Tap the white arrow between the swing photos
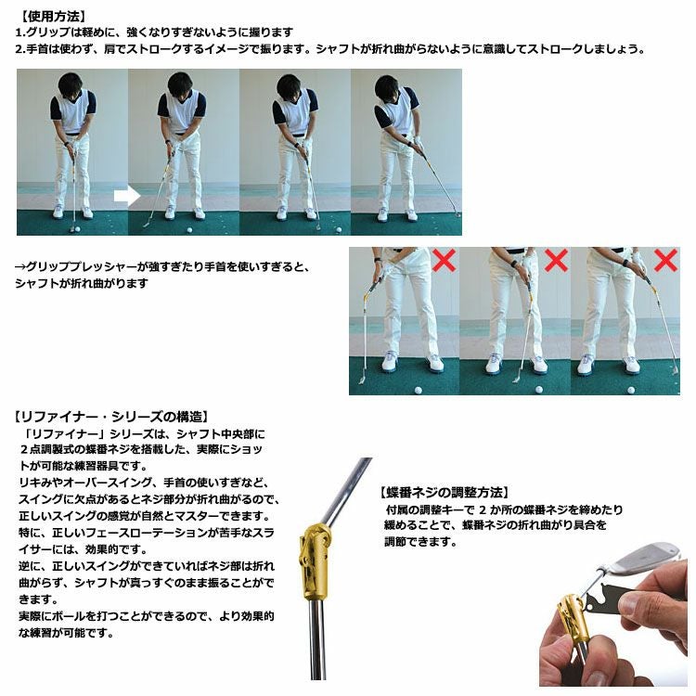point(126,196)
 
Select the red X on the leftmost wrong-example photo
point(445,260)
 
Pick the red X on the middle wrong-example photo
point(555,260)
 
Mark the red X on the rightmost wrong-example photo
point(665,260)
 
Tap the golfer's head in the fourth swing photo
point(388,87)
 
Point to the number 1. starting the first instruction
point(19,32)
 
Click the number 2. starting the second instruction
point(19,48)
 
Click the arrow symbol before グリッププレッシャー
point(19,266)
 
